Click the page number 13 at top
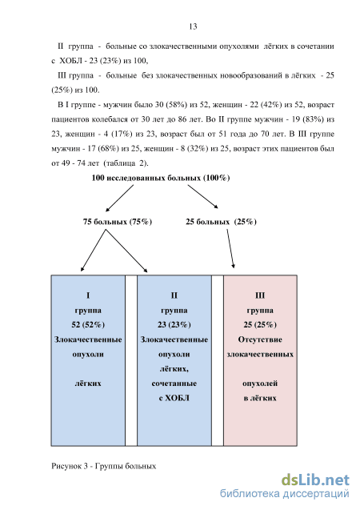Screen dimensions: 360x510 [x=193, y=26]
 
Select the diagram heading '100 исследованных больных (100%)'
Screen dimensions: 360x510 [x=161, y=178]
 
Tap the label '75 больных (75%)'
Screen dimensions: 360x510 [x=118, y=222]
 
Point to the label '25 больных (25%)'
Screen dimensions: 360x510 [x=222, y=222]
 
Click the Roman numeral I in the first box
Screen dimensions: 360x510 [x=88, y=295]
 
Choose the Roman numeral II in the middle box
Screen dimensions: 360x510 [x=174, y=295]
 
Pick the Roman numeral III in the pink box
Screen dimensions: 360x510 [x=260, y=295]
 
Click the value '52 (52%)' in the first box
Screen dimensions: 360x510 [x=88, y=324]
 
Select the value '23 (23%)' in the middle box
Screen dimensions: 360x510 [x=174, y=324]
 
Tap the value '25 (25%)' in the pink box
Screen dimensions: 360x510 [x=260, y=324]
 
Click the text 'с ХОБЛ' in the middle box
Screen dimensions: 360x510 [x=174, y=398]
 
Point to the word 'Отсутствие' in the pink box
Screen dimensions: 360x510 [x=260, y=339]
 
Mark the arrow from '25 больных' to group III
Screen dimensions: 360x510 [x=230, y=248]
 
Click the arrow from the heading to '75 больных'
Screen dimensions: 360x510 [x=119, y=199]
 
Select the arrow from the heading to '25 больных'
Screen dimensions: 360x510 [x=202, y=196]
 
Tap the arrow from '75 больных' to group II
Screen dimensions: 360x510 [x=126, y=251]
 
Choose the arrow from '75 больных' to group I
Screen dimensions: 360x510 [x=93, y=251]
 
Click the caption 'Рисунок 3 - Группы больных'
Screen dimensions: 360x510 [x=104, y=466]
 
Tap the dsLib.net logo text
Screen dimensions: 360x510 [x=315, y=480]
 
